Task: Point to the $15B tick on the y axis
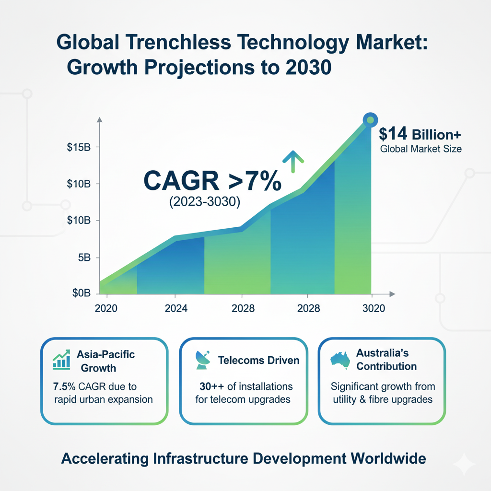(x=79, y=147)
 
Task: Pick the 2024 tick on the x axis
(x=175, y=309)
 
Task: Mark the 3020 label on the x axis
(x=374, y=309)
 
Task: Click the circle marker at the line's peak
(x=369, y=120)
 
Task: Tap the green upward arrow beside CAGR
(x=290, y=159)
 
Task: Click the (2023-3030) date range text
(x=204, y=202)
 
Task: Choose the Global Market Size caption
(x=421, y=149)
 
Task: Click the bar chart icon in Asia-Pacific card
(x=61, y=361)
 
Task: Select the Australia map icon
(x=341, y=360)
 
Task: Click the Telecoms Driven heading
(x=259, y=361)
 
